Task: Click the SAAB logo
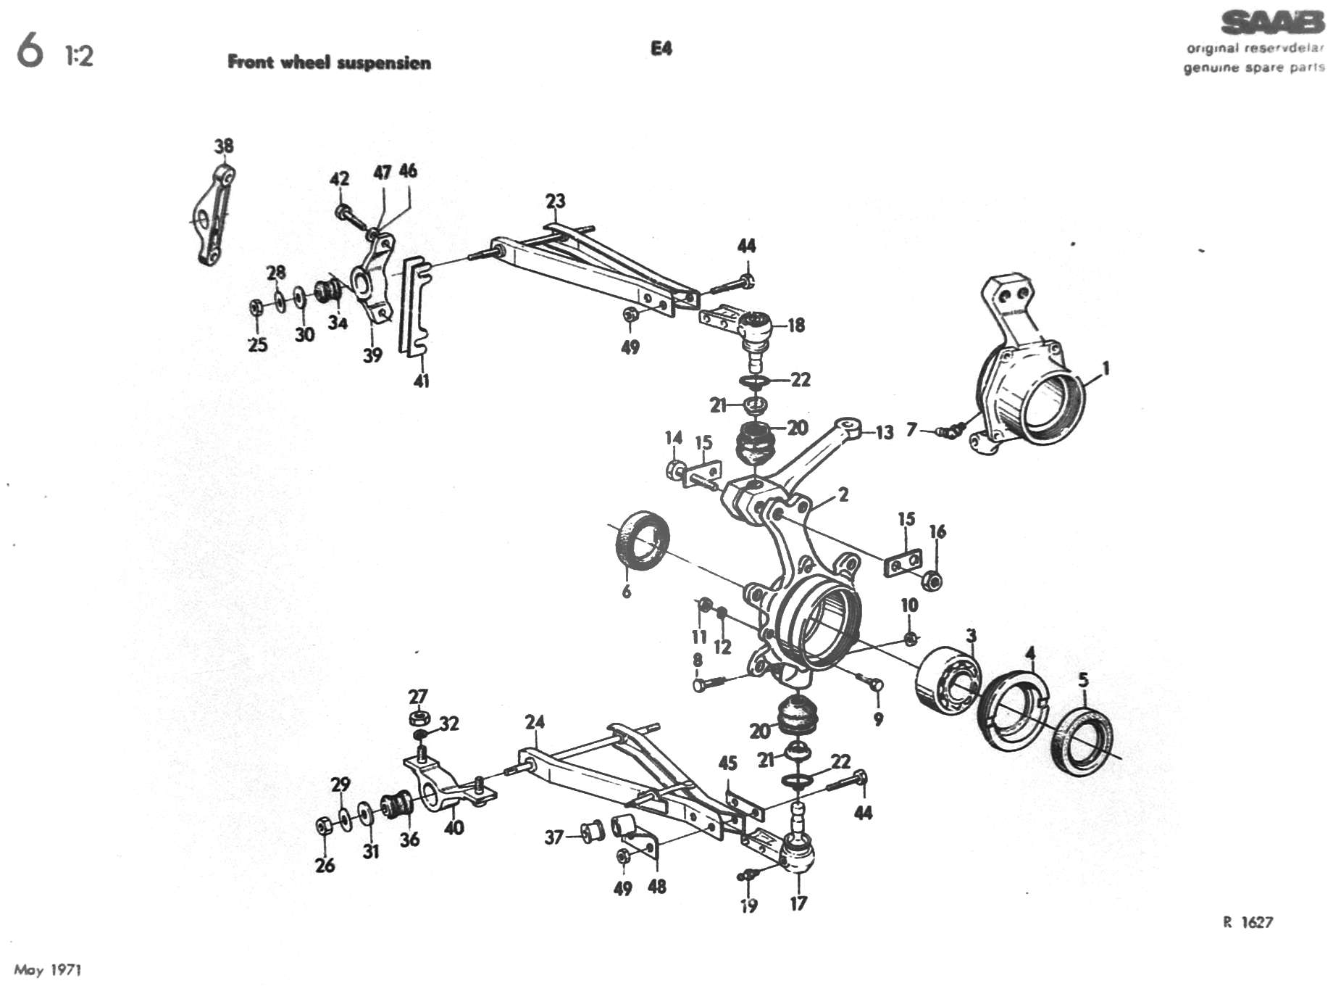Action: tap(1272, 23)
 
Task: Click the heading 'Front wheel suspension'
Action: tap(329, 62)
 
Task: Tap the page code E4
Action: tap(661, 49)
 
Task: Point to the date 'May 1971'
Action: tap(48, 970)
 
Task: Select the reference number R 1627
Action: tap(1248, 922)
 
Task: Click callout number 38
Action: tap(224, 146)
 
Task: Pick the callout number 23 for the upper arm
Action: tap(555, 201)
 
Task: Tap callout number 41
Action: tap(421, 380)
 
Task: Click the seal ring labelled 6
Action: tap(642, 539)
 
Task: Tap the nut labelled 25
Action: tap(256, 307)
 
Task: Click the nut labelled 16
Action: tap(934, 580)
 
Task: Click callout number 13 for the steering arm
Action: tap(885, 434)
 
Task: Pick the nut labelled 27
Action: tap(418, 718)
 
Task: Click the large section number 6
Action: tap(30, 52)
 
